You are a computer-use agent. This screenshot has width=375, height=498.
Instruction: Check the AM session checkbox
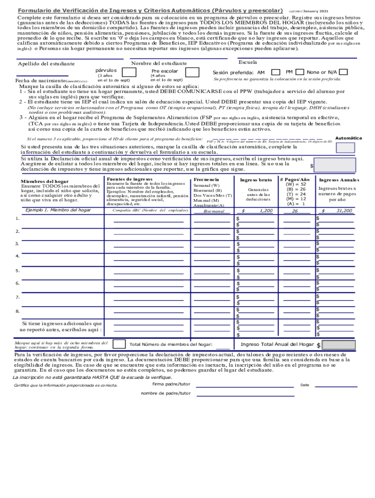pos(276,72)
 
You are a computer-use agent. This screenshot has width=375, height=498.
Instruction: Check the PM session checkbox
pos(300,72)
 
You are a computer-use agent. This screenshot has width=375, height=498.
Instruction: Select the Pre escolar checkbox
pos(192,72)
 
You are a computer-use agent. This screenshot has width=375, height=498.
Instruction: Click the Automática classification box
pos(346,147)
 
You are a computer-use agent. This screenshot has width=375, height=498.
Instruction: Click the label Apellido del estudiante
pos(46,64)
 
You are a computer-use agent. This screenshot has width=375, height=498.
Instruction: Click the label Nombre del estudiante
pos(159,64)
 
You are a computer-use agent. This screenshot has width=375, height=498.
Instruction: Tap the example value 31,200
pos(344,211)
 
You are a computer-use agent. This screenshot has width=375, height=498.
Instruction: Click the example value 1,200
pos(266,211)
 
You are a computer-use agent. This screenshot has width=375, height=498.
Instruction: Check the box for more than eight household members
pos(118,344)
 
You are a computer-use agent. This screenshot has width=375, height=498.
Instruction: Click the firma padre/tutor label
pos(171,384)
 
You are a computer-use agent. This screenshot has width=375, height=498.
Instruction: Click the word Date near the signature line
pos(305,385)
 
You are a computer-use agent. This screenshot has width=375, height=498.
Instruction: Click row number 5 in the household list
pos(18,270)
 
